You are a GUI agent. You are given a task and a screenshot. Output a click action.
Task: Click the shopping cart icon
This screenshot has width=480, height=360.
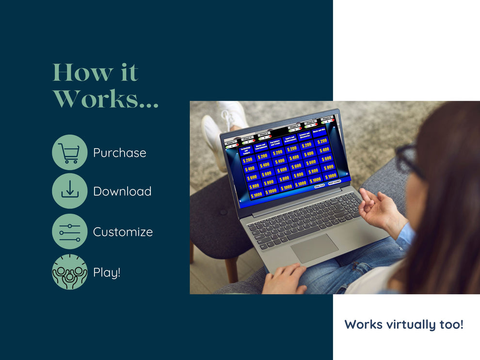69,152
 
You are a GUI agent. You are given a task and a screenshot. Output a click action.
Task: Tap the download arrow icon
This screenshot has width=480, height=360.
69,191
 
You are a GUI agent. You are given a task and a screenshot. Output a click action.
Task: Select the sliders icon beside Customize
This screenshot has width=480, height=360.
69,232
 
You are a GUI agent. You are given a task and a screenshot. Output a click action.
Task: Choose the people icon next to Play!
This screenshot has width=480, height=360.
69,272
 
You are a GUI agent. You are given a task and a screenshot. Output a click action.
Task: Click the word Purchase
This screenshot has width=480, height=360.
119,153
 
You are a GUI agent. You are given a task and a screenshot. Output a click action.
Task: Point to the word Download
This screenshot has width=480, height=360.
122,191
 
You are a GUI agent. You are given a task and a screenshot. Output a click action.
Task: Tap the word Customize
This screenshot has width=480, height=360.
123,232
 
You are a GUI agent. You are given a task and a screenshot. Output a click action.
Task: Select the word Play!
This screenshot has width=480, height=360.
107,272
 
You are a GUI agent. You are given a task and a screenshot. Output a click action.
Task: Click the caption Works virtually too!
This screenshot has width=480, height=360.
404,324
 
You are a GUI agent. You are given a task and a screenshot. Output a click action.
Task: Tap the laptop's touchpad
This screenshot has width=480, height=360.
314,248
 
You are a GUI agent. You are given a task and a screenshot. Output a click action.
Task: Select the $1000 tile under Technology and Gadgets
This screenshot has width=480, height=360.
256,195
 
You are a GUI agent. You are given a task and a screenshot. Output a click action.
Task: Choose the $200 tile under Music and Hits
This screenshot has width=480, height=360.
323,141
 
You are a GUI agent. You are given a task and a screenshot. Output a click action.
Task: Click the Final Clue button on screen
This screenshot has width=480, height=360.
319,185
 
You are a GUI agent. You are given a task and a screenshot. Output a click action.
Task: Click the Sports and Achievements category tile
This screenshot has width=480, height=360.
290,141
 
